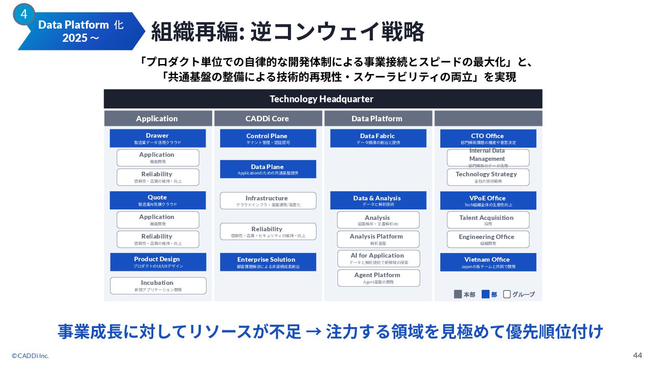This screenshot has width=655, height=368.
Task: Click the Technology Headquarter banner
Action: click(322, 99)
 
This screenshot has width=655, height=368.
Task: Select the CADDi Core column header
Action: click(267, 119)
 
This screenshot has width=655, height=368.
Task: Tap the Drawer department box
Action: click(157, 138)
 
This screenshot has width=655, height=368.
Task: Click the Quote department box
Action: click(157, 200)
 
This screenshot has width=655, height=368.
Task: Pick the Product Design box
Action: click(158, 262)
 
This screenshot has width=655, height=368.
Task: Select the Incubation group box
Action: click(158, 286)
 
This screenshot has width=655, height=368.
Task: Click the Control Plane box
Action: click(267, 138)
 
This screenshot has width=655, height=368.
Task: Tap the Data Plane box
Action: click(267, 169)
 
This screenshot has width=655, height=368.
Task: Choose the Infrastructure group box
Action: click(267, 201)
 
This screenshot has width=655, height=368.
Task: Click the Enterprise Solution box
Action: click(267, 262)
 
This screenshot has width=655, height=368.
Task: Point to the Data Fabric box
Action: click(378, 138)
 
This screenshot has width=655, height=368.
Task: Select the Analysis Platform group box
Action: click(378, 239)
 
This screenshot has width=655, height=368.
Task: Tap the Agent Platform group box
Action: click(378, 278)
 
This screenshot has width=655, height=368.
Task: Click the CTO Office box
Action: click(488, 138)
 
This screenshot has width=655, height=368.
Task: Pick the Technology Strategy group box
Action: click(488, 177)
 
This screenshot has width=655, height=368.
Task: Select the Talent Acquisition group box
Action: click(488, 220)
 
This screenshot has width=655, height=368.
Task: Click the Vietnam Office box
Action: click(488, 262)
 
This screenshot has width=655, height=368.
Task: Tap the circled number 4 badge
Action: click(24, 15)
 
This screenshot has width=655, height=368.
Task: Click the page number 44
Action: click(637, 355)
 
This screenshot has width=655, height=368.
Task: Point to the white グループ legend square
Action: click(507, 294)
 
